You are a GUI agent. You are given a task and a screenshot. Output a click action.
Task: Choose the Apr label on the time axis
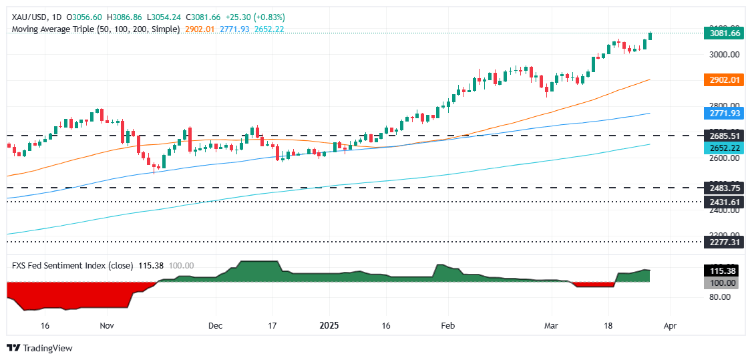[670, 326]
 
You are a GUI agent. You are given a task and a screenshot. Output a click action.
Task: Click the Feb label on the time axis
[448, 326]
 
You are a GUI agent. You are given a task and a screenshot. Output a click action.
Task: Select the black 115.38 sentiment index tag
[722, 271]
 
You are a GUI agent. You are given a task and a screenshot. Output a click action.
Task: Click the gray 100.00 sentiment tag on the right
[722, 283]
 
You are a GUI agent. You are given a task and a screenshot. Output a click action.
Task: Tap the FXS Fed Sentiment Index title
[73, 265]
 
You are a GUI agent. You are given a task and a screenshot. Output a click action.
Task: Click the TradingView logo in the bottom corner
[39, 348]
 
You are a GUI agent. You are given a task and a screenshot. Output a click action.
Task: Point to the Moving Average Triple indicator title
[96, 30]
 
